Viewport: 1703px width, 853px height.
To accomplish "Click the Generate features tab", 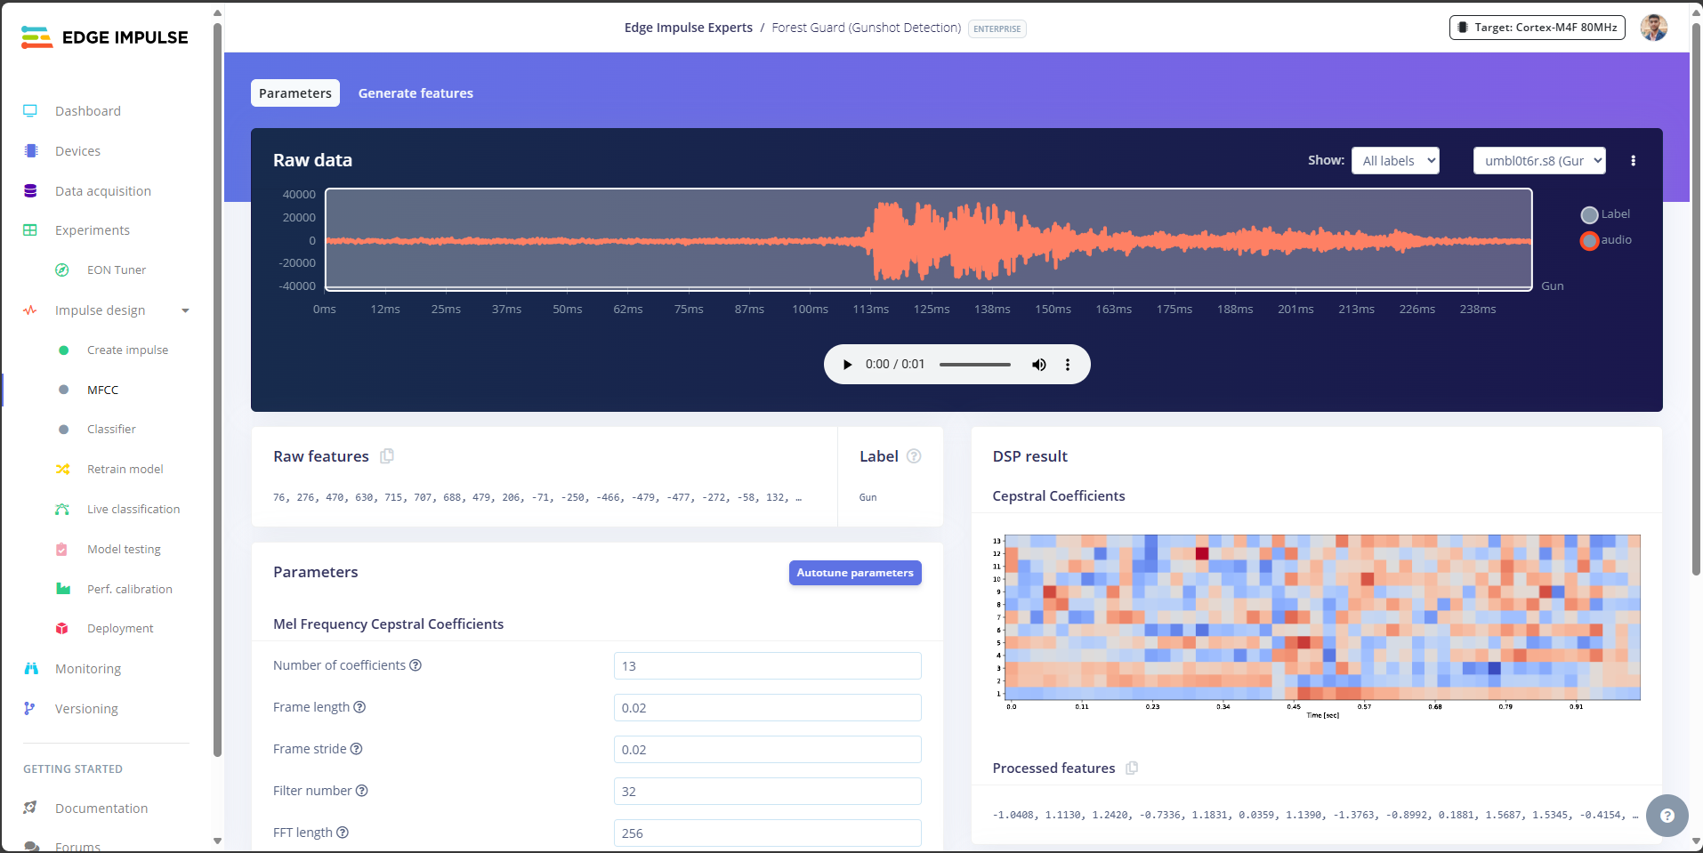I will [x=416, y=93].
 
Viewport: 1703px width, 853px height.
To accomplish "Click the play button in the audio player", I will [x=847, y=365].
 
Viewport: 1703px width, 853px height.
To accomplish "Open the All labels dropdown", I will [x=1394, y=161].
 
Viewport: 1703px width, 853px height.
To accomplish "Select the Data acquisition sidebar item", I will [x=102, y=191].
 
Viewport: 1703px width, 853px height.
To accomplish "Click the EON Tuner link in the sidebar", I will [x=116, y=270].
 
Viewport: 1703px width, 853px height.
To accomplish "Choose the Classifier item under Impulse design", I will [x=111, y=430].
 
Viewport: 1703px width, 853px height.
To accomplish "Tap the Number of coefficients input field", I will [x=767, y=666].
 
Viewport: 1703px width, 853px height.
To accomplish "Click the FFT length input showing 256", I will [x=767, y=833].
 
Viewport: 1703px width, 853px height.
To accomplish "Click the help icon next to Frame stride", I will [x=356, y=749].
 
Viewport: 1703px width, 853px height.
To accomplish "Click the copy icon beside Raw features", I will [x=387, y=456].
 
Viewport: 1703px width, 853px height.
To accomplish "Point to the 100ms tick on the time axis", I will [x=810, y=310].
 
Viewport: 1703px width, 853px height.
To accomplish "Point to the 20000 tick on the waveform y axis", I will [x=299, y=218].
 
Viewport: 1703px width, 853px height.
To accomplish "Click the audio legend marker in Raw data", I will [x=1589, y=240].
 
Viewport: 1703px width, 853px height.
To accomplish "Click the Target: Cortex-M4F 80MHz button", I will [x=1537, y=28].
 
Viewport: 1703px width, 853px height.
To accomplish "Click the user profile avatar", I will [x=1653, y=28].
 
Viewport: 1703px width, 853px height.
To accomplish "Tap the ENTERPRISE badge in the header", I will [x=997, y=29].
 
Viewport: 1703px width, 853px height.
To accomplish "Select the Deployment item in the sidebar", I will [x=120, y=629].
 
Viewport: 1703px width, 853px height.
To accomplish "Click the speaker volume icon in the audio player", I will [x=1038, y=365].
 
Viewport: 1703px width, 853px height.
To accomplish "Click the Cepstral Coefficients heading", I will [x=1059, y=496].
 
